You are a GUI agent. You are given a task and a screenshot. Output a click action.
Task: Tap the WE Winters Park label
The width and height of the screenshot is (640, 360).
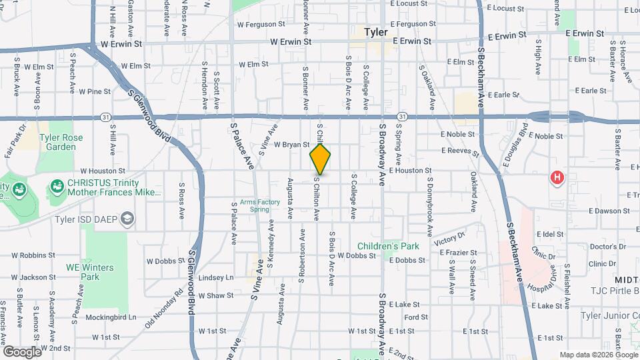point(89,272)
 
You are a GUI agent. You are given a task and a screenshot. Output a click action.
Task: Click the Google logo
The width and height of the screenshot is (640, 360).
point(22,351)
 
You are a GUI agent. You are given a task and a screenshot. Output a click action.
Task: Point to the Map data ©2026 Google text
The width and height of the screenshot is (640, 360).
point(597,355)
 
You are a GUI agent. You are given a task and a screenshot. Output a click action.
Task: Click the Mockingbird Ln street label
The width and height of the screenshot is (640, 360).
point(113,317)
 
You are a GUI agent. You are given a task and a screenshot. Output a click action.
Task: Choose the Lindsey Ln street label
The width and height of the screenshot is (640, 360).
point(217,277)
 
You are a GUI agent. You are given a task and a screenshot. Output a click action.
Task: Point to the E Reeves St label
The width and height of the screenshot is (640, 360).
point(460,152)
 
